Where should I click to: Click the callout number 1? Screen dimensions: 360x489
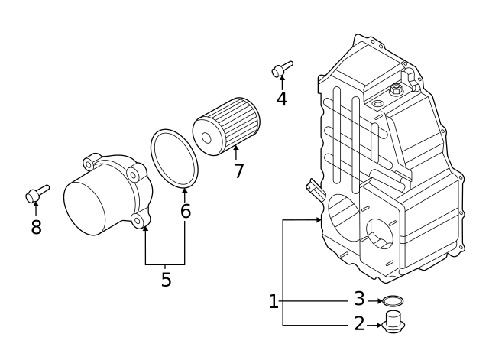click(x=274, y=303)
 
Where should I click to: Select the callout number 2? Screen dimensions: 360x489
click(x=359, y=325)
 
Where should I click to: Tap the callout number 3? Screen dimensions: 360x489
click(x=359, y=300)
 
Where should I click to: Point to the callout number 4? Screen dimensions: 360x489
click(x=282, y=99)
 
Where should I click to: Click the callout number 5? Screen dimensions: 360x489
click(x=166, y=280)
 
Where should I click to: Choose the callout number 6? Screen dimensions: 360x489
click(x=185, y=212)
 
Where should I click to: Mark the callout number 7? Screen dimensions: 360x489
click(x=238, y=171)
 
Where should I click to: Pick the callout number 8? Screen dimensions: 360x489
click(x=36, y=227)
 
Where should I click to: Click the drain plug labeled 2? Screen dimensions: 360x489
click(x=393, y=323)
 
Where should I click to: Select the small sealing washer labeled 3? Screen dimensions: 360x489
click(x=393, y=300)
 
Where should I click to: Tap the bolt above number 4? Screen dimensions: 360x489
click(x=280, y=70)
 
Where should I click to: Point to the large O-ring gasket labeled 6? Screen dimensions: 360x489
click(x=174, y=158)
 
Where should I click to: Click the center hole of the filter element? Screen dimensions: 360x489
click(x=206, y=138)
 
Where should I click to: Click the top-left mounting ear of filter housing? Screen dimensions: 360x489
click(x=90, y=163)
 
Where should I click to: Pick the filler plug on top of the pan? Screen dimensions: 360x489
click(x=396, y=91)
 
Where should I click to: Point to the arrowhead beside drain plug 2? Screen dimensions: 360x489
click(x=379, y=325)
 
